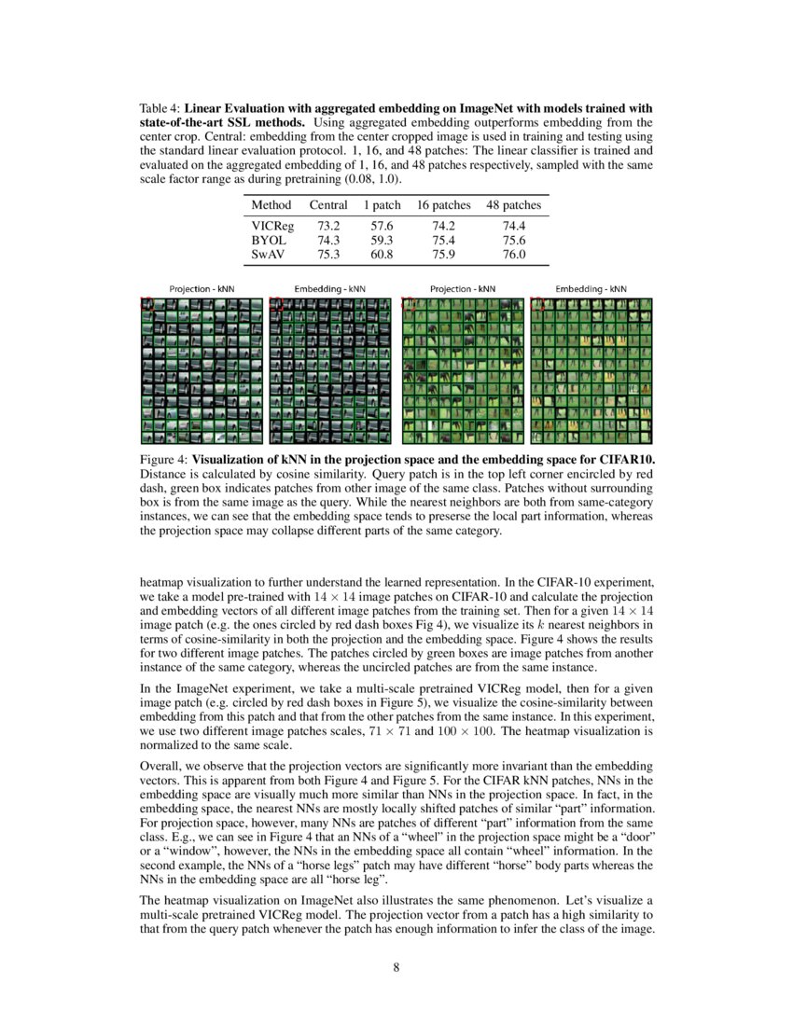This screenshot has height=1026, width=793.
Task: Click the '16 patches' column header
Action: tap(443, 204)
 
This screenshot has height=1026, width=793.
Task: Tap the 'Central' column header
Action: tap(328, 204)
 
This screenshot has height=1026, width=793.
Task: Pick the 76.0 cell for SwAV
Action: tap(514, 254)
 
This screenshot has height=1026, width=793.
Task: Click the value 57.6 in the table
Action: tap(382, 226)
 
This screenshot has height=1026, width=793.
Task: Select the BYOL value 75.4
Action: tap(443, 240)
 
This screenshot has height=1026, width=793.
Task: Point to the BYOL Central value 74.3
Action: tap(328, 240)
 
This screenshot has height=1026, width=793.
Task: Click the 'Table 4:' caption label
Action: tap(161, 109)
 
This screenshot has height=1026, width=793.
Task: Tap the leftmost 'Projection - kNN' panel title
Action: tap(202, 289)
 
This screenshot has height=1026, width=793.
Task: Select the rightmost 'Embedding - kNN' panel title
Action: tap(591, 289)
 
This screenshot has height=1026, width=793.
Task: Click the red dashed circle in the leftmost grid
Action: tap(146, 303)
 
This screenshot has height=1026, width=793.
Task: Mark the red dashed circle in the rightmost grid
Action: tap(537, 303)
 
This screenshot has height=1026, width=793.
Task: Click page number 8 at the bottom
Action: tap(396, 966)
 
